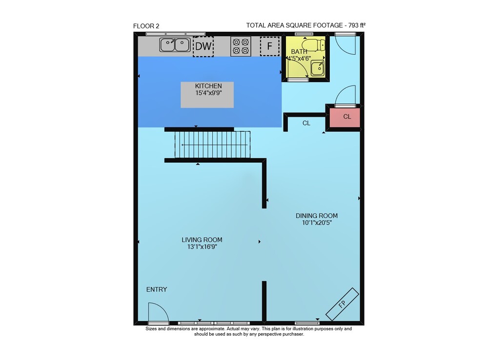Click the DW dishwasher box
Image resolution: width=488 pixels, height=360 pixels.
[x=203, y=46]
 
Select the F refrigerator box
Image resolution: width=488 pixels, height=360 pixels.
[x=269, y=46]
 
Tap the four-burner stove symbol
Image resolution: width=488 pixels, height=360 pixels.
[x=241, y=46]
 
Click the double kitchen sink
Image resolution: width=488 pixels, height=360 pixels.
[x=175, y=45]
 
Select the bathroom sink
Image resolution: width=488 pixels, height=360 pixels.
[x=318, y=68]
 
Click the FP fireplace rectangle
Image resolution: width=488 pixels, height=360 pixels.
[x=342, y=304]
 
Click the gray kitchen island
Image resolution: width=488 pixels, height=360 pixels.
[x=207, y=95]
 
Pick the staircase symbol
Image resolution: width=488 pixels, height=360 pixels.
[x=213, y=145]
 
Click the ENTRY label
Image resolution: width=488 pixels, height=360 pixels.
[x=157, y=289]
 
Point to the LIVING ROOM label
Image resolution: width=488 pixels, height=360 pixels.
[x=202, y=240]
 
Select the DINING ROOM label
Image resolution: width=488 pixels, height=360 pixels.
[x=317, y=215]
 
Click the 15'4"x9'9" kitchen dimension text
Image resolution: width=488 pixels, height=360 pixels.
[x=208, y=93]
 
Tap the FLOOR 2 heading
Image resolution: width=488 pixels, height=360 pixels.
[x=146, y=26]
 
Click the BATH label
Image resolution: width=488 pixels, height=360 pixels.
[x=299, y=51]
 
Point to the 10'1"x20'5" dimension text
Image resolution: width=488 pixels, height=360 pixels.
[x=317, y=223]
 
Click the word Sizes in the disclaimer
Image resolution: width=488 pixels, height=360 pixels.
[x=151, y=329]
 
